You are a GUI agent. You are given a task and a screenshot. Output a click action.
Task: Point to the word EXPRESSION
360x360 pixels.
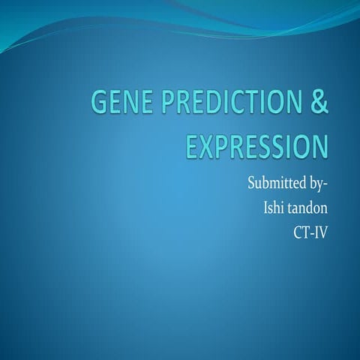257,145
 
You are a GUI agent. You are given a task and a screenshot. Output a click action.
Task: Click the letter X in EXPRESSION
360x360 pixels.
205,145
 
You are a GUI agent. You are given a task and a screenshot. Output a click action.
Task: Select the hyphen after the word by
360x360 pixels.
326,184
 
